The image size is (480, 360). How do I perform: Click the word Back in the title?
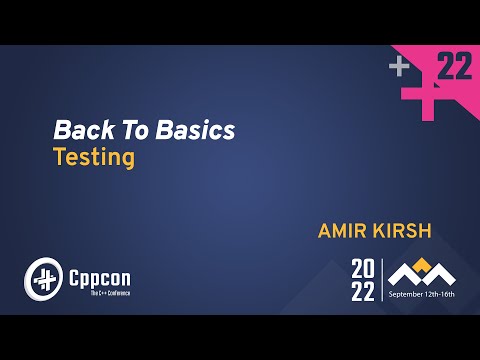point(81,130)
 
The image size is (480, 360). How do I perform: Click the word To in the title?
point(129,130)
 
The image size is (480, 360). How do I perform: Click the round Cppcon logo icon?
point(43,277)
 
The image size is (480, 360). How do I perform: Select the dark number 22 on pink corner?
point(455,67)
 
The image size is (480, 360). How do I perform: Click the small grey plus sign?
point(400,67)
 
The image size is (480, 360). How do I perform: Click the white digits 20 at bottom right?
point(364,268)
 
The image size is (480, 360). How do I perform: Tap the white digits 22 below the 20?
point(364,291)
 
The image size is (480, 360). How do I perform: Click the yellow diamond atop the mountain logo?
point(422,264)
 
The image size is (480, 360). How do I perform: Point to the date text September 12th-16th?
point(422,295)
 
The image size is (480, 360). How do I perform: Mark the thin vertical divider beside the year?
point(383,280)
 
